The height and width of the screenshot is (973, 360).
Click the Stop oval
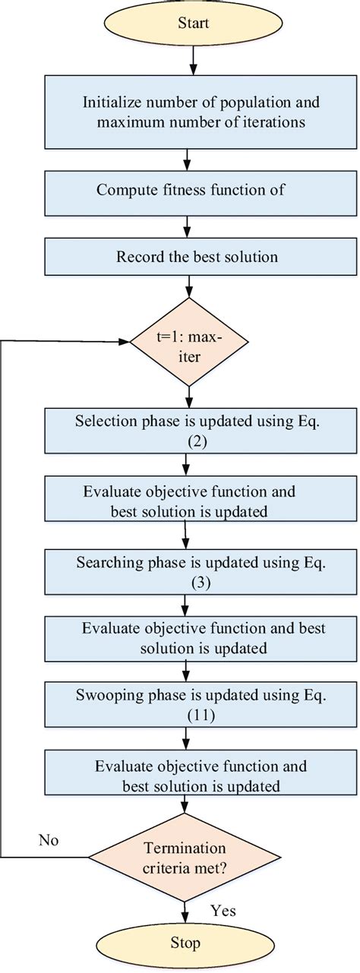coord(186,943)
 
